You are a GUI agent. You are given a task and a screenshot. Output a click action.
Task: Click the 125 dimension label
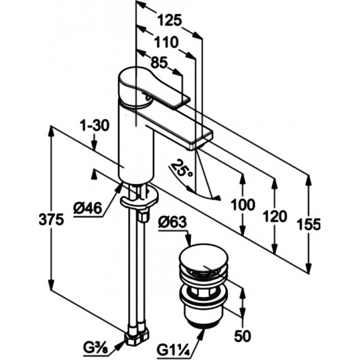pos(170,20)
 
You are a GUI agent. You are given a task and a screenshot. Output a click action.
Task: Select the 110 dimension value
pos(166,42)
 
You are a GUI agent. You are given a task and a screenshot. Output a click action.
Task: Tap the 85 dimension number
pos(159,62)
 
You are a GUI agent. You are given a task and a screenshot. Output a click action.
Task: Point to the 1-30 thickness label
pos(94,126)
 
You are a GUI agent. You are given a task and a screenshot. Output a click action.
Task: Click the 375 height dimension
pos(51,219)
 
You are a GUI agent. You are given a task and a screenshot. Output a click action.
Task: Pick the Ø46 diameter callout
pos(87,208)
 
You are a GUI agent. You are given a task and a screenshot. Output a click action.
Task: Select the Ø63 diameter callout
pos(172,222)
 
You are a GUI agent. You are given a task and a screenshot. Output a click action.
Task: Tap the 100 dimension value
pos(243,205)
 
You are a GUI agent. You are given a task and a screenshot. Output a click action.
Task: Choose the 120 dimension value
pos(275,216)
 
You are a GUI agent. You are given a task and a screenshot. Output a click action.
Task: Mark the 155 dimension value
pos(308,224)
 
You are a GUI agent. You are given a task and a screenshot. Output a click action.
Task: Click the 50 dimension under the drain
pos(243,336)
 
